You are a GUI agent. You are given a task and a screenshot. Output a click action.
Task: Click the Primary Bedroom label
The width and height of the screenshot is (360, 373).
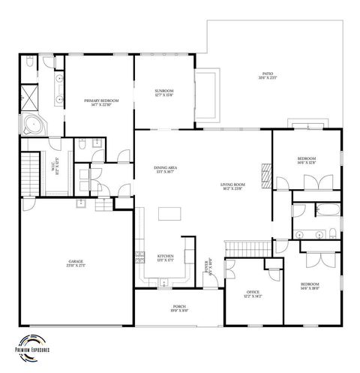tap(98, 102)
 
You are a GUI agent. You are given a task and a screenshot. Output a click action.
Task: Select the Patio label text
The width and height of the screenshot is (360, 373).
tap(268, 76)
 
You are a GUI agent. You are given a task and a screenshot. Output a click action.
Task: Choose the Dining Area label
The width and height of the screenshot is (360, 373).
tap(165, 170)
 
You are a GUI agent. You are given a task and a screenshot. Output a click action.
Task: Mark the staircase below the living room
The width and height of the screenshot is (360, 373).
tap(247, 248)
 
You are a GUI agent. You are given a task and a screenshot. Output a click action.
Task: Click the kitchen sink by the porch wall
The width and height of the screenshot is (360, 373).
tap(163, 282)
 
